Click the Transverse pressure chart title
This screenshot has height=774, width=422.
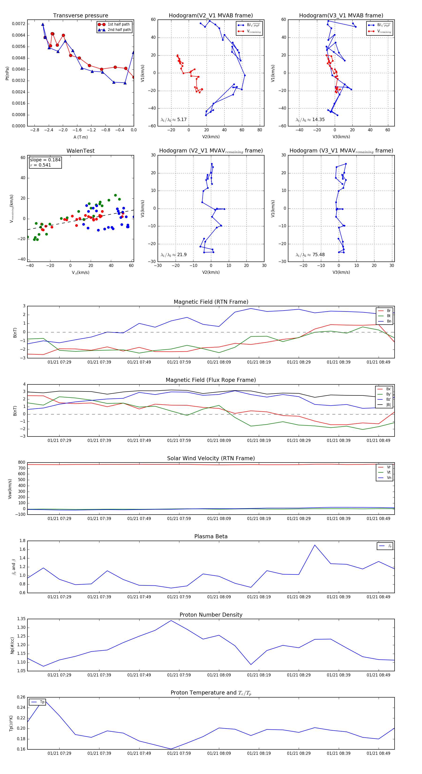80,16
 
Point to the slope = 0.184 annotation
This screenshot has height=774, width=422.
45,160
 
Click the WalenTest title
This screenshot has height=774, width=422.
80,151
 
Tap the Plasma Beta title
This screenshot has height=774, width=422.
211,536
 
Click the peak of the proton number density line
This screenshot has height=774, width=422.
171,620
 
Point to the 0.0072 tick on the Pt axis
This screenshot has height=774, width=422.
19,24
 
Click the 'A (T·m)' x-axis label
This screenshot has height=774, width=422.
80,137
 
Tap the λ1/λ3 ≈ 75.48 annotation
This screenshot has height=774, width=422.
310,255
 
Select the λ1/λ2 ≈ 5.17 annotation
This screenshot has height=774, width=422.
173,120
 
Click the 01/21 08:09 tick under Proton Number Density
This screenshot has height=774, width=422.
219,675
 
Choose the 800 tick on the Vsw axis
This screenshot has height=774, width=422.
21,463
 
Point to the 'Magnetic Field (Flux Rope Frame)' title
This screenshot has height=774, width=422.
211,380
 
